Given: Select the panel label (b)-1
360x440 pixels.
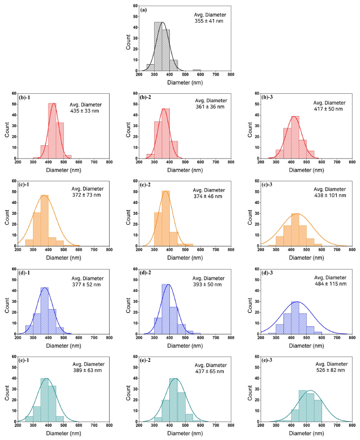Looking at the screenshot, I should [27, 92].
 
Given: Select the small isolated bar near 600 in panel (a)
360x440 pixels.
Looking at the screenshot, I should [197, 70].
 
